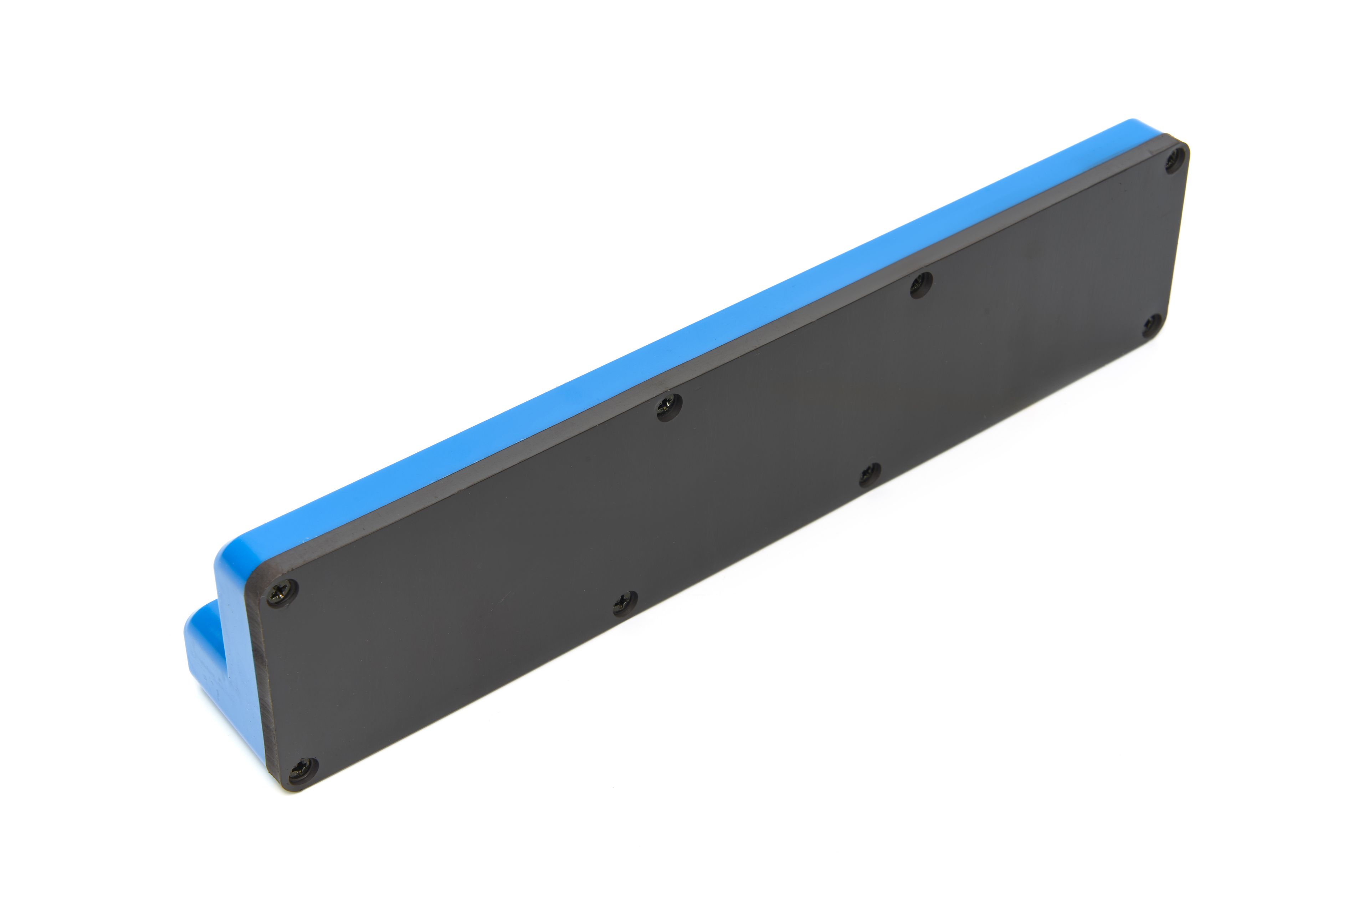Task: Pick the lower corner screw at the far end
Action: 1152,325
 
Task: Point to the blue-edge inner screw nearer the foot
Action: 670,407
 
